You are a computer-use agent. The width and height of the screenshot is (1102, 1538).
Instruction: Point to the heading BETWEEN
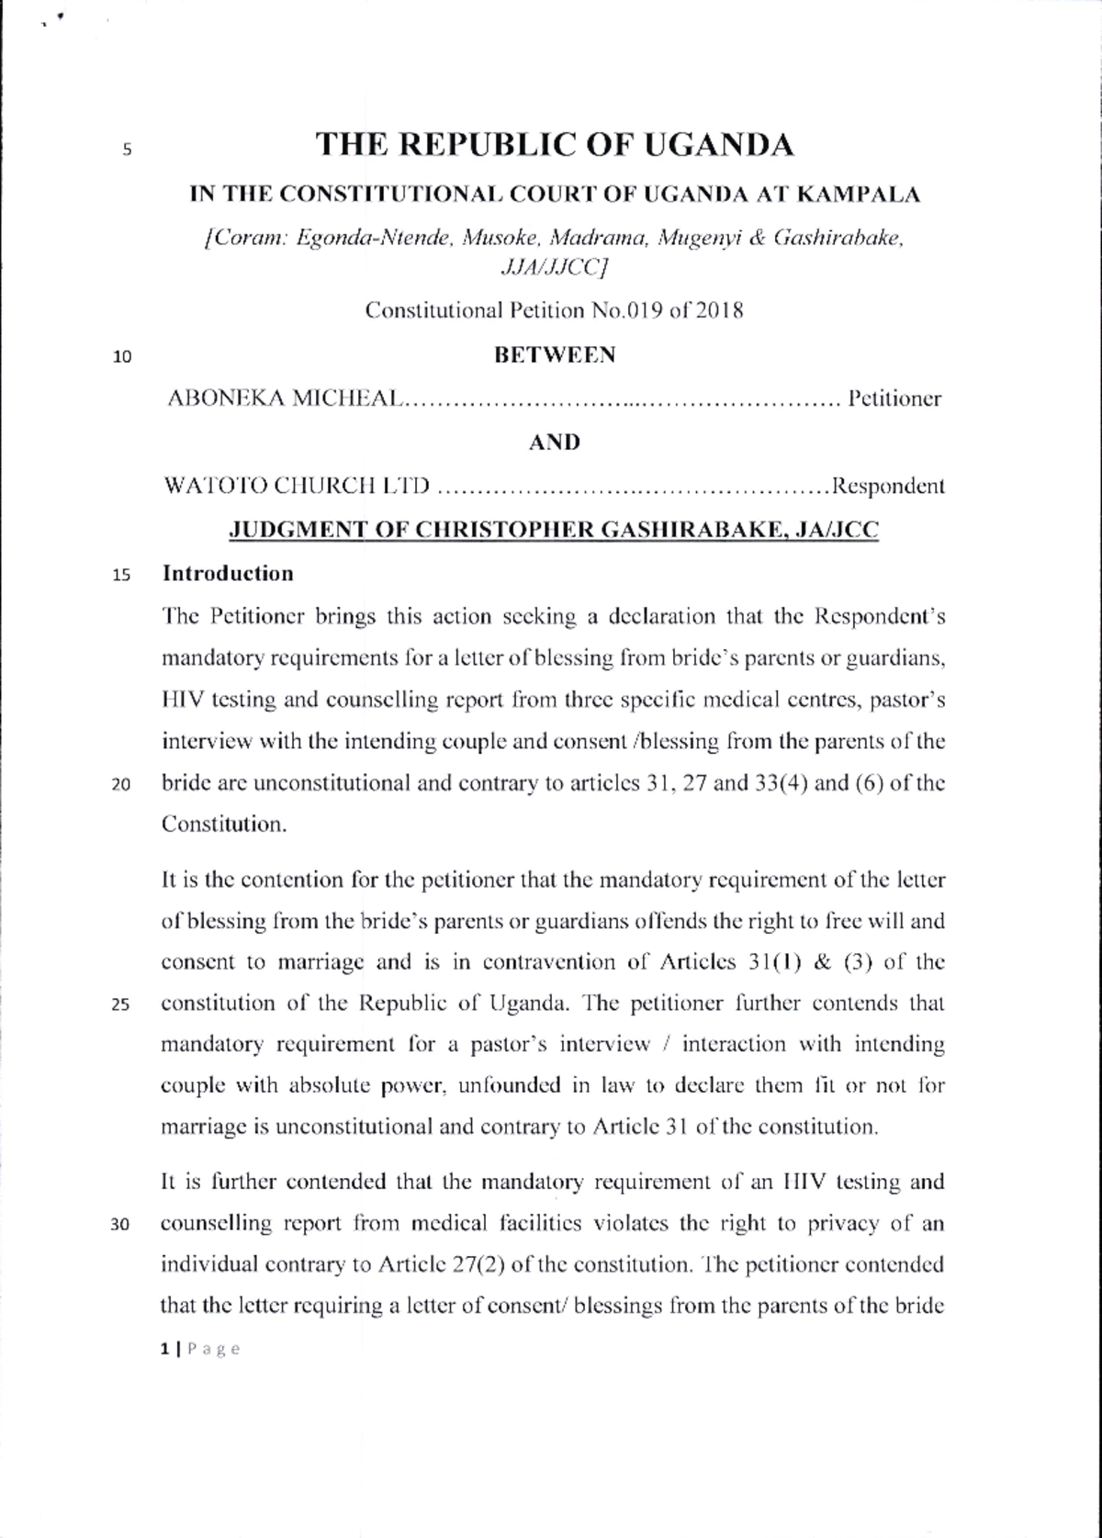[x=555, y=355]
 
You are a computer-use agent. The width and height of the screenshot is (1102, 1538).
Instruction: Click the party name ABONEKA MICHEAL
[x=284, y=399]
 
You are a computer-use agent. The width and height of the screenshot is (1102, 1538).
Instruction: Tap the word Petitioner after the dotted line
[x=895, y=399]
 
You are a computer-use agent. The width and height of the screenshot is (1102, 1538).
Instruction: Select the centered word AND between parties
[x=555, y=443]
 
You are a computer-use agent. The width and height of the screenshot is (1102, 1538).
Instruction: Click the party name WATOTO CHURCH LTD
[x=296, y=486]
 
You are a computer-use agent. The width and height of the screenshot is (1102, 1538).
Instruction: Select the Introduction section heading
[x=228, y=574]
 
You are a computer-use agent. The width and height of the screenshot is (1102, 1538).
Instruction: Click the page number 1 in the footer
[x=164, y=1349]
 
